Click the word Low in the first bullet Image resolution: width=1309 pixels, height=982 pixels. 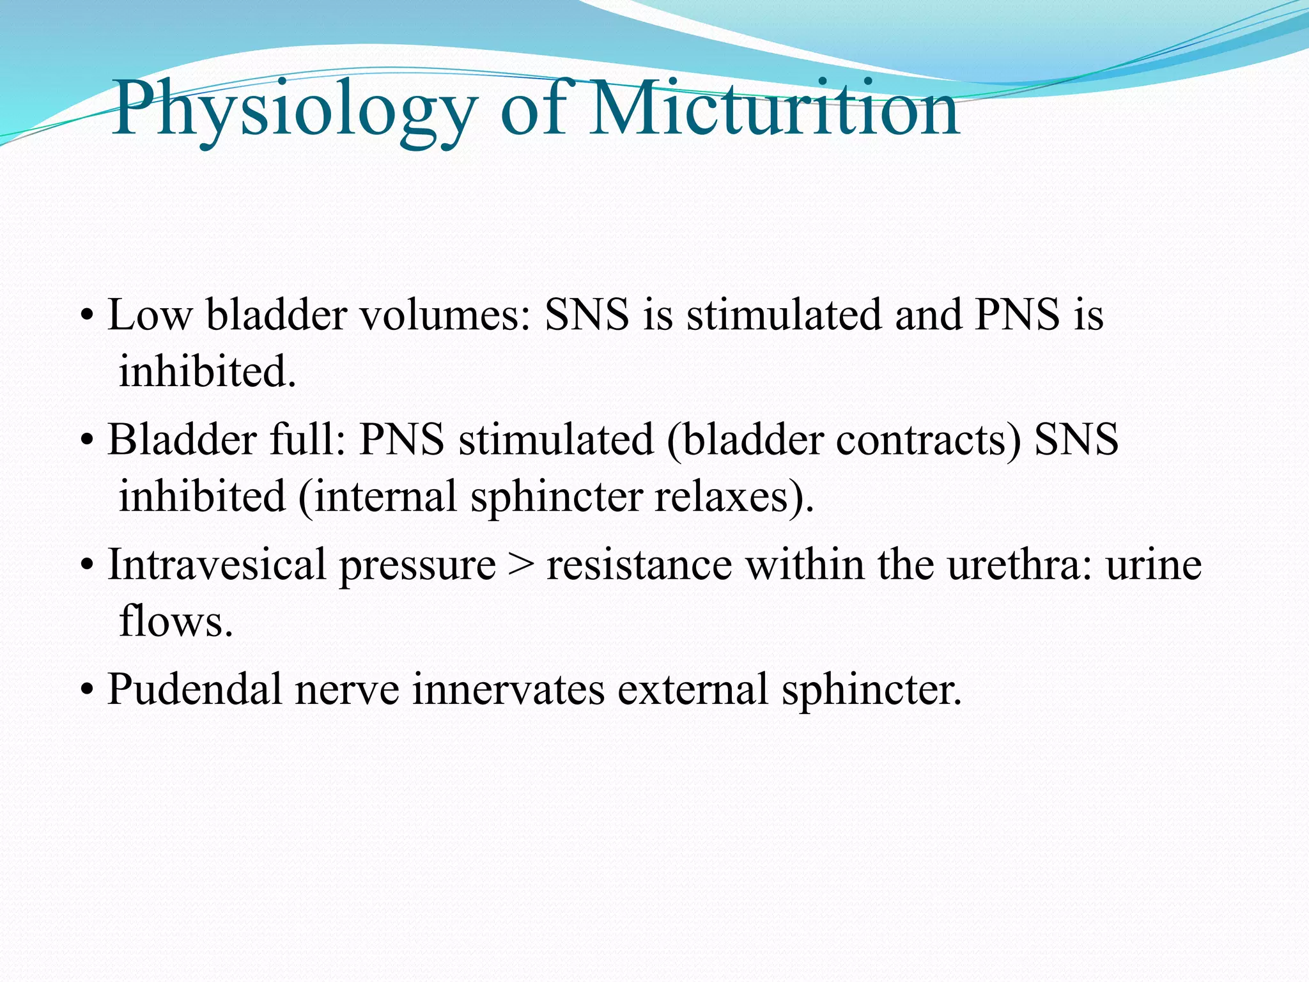150,315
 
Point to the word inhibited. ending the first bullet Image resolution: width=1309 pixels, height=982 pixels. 208,371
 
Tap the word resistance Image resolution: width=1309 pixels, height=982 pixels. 639,565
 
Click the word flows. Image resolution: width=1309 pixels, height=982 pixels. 176,621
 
